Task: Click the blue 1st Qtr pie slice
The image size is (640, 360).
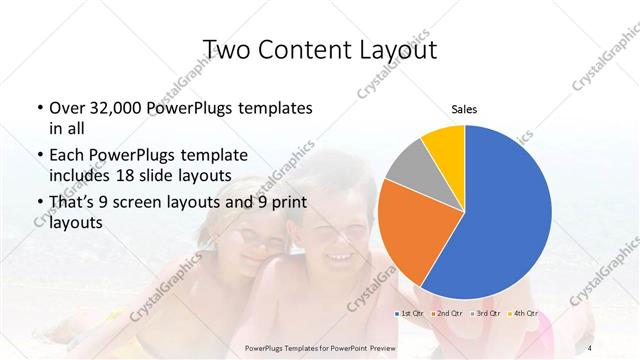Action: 500,220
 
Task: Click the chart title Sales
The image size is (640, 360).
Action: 463,108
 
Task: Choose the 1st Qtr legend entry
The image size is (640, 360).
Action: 412,313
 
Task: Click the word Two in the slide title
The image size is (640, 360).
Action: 227,50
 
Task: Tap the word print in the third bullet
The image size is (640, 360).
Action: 289,203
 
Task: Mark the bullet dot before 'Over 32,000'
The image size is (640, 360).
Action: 38,108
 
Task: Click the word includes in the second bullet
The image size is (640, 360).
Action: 81,175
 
